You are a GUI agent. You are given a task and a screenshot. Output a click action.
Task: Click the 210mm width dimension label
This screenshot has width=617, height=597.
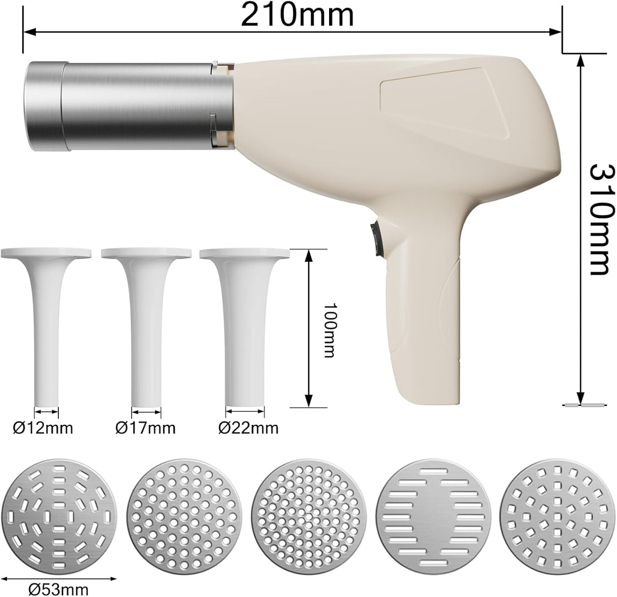click(x=297, y=15)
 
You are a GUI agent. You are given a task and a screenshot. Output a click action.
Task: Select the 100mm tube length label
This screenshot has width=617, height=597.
click(x=330, y=330)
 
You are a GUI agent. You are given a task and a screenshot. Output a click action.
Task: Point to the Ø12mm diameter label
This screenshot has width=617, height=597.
click(x=43, y=428)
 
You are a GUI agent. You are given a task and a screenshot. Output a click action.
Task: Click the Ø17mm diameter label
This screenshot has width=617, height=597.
click(x=145, y=428)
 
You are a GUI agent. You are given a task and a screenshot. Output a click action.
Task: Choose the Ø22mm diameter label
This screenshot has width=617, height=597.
click(x=249, y=428)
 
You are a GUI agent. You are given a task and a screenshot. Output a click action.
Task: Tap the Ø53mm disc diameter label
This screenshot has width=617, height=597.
click(x=59, y=590)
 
